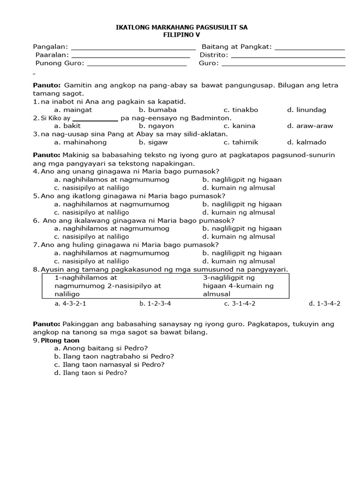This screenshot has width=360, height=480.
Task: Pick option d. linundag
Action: tap(307, 110)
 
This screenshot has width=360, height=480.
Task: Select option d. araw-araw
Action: tap(307, 126)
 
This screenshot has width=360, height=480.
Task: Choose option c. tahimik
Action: tap(241, 142)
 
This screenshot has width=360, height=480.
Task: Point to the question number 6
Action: tap(36, 220)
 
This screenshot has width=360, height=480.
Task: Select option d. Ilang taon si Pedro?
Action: tap(91, 373)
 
